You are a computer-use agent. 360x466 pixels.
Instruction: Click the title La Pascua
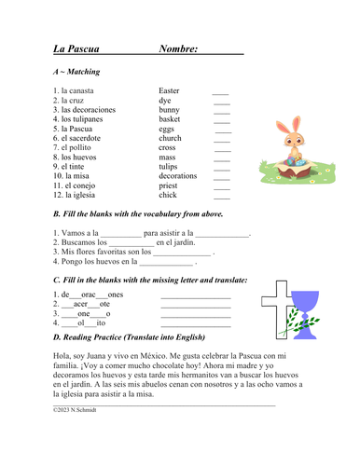click(77, 48)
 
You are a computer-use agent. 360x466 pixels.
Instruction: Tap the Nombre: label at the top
click(178, 48)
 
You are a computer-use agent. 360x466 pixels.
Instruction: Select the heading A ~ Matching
click(77, 71)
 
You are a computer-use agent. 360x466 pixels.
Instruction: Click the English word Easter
click(169, 91)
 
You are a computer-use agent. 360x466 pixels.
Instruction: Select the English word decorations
click(177, 175)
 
